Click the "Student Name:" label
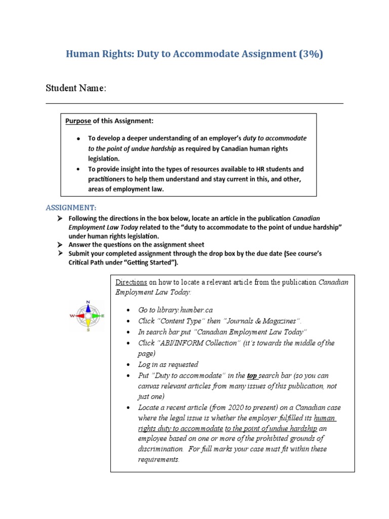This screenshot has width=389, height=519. tap(76, 88)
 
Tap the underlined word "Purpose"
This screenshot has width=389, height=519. tap(78, 121)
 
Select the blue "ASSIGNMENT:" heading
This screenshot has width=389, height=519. tap(71, 208)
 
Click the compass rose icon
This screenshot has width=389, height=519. tap(88, 316)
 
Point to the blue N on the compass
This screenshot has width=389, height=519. tap(88, 303)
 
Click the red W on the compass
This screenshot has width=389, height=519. tap(72, 315)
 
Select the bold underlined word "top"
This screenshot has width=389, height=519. tap(252, 376)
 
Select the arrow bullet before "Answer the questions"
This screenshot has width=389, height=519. tap(60, 245)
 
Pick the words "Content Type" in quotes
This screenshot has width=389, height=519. tap(179, 321)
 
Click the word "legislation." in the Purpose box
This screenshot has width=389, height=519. tap(105, 158)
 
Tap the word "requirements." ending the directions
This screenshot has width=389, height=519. tap(159, 460)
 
